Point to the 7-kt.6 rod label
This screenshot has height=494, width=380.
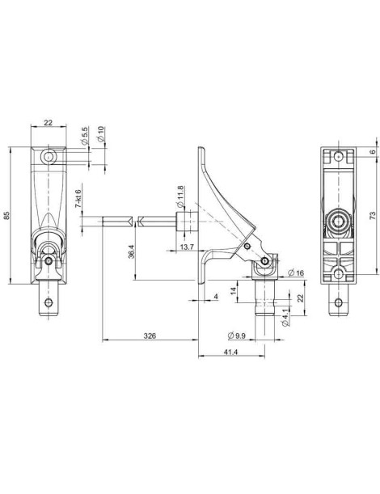click(78, 198)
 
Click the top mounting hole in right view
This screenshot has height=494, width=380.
click(339, 152)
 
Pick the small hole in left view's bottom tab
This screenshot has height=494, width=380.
click(50, 303)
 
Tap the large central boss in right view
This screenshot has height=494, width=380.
click(339, 220)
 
